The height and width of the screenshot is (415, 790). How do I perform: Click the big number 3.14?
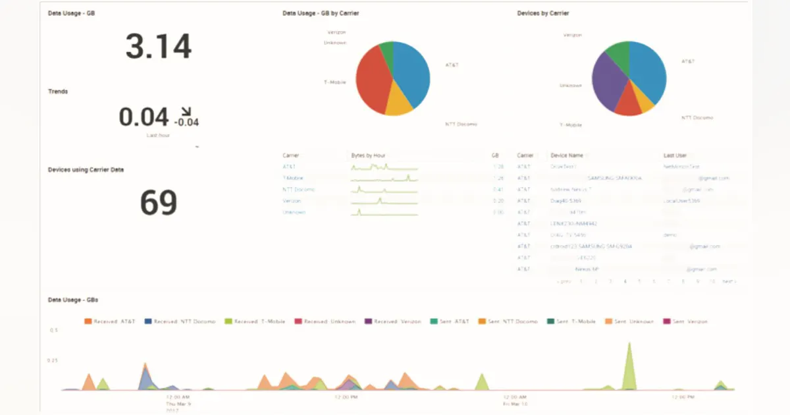[159, 47]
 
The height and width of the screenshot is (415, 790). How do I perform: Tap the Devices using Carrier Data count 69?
[159, 203]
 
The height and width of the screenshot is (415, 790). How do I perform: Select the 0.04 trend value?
[144, 117]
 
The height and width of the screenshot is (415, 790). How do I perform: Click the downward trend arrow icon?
[186, 111]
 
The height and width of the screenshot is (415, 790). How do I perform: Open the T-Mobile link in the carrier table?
[292, 178]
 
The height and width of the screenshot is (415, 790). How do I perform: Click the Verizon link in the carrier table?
[292, 201]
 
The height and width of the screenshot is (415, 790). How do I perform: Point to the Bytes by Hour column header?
[368, 155]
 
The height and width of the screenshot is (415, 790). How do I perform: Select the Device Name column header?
[567, 155]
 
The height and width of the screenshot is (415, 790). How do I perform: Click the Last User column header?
[675, 155]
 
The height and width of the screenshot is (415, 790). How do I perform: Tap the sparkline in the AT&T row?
[384, 167]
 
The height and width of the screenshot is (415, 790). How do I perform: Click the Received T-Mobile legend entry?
[255, 321]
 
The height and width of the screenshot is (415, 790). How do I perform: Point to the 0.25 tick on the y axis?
[53, 360]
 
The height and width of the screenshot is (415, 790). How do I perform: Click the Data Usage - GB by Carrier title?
[321, 13]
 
